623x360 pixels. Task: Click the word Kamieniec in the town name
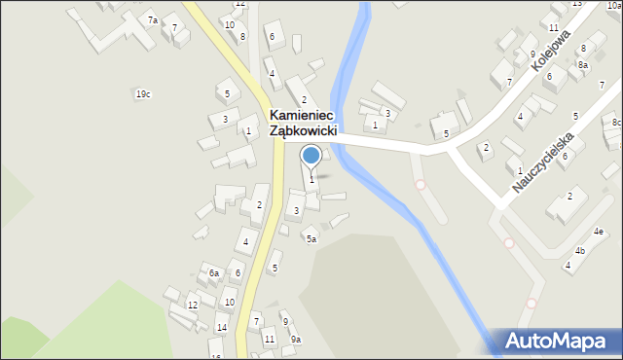coord(307,115)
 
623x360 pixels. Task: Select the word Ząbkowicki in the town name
coord(304,131)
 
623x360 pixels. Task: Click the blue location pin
coord(311,156)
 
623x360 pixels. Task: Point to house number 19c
coord(143,94)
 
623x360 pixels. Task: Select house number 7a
coord(152,20)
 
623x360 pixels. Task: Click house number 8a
coord(582,65)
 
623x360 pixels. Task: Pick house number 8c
coord(617,123)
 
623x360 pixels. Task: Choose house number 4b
coord(580,251)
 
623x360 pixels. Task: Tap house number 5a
coord(311,238)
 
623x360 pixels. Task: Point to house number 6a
coord(214,273)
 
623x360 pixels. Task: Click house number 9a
coord(296,339)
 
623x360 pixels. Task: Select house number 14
coord(222,328)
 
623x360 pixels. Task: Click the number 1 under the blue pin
coord(311,179)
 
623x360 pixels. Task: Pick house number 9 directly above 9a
coord(284,321)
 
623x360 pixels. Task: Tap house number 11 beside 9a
coord(270,339)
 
